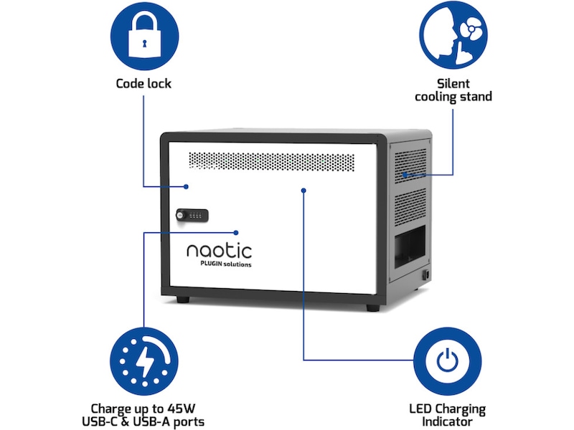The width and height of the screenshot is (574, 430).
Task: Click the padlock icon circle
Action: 143,35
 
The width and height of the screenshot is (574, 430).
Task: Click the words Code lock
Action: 143,83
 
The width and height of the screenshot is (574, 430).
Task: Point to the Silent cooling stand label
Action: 453,90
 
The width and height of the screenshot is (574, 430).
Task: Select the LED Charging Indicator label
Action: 448,415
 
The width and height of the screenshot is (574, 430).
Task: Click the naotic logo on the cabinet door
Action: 219,251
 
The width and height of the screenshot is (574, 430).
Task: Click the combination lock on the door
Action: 192,214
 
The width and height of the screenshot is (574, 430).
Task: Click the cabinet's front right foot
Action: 372,307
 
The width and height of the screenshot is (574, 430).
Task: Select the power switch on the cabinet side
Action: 425,275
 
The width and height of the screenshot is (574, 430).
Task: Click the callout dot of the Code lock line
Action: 187,186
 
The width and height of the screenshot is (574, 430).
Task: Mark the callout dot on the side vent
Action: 404,174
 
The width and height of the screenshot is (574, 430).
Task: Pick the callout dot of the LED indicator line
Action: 304,190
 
